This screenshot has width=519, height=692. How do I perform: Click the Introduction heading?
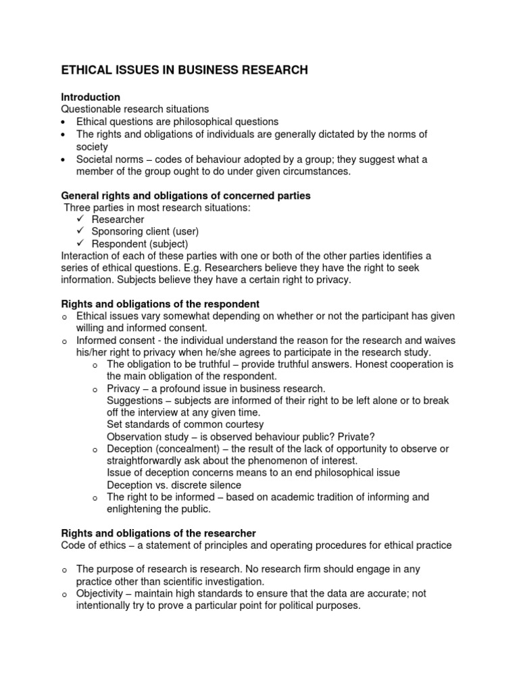[91, 97]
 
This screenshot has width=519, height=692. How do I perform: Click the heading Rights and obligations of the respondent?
[160, 304]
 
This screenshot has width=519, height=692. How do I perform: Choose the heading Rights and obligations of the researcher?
[159, 533]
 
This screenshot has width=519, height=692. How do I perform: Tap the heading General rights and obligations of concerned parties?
[186, 195]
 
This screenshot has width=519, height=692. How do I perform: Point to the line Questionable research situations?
[135, 109]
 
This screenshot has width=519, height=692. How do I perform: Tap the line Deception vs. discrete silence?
[174, 485]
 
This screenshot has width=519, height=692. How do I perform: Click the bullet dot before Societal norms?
[64, 160]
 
